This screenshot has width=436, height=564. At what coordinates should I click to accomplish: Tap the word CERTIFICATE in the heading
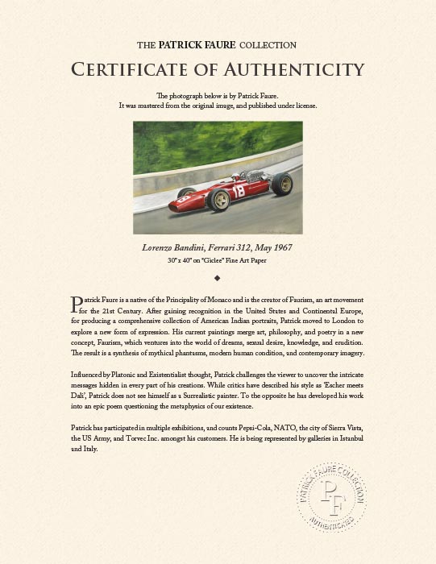pos(135,68)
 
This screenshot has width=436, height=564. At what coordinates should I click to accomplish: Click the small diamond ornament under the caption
pos(217,276)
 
